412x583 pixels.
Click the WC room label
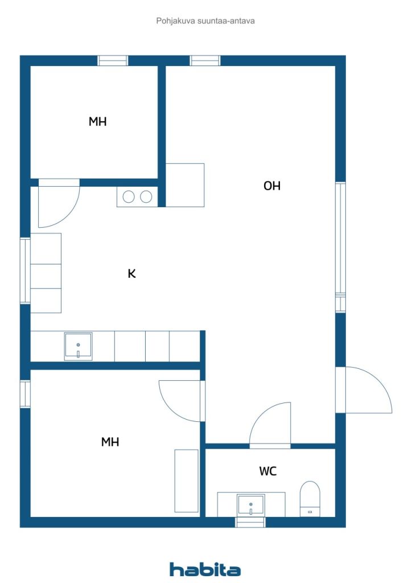coord(267,471)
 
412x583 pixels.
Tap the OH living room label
coord(271,186)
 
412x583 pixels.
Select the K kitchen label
coord(131,274)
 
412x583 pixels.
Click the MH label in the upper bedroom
coord(97,121)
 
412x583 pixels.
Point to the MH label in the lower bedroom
coord(110,442)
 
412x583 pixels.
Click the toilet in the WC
coord(310,499)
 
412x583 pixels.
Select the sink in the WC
coord(251,505)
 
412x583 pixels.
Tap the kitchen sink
coord(78,347)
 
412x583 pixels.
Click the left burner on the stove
coord(129,196)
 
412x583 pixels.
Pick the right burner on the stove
coord(146,196)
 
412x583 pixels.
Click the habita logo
coord(205,569)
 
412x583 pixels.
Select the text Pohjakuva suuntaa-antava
coord(205,21)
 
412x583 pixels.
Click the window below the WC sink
coord(251,522)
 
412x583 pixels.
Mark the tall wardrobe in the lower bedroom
coord(187,481)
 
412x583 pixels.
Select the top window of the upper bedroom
coord(113,60)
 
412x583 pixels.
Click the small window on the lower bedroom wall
coord(25,394)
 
